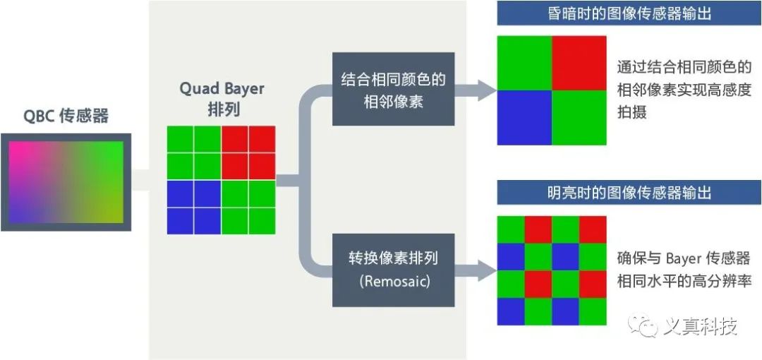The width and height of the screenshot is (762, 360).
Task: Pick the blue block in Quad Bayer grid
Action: tap(194, 207)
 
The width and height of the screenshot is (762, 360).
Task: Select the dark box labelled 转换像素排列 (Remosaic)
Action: tap(393, 269)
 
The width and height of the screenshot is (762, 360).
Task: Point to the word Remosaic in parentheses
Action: tap(393, 281)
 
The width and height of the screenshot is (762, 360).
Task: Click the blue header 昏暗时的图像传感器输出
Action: tap(629, 13)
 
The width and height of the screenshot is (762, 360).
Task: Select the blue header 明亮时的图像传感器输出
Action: tap(629, 193)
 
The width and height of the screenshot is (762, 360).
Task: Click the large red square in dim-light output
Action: tap(579, 63)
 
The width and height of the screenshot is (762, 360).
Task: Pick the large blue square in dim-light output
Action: tap(524, 118)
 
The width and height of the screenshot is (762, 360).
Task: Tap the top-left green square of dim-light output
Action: tap(524, 63)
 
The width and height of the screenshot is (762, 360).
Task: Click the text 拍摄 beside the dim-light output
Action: tap(631, 112)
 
